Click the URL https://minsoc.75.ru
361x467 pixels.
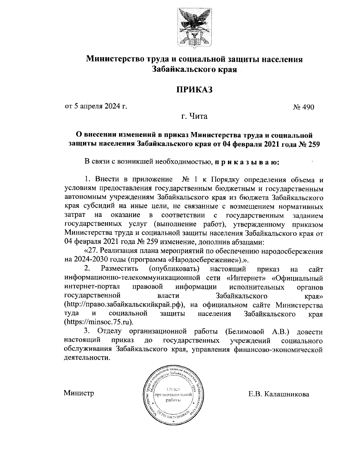[x=98, y=322]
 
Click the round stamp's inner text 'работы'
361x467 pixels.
[x=173, y=400]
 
